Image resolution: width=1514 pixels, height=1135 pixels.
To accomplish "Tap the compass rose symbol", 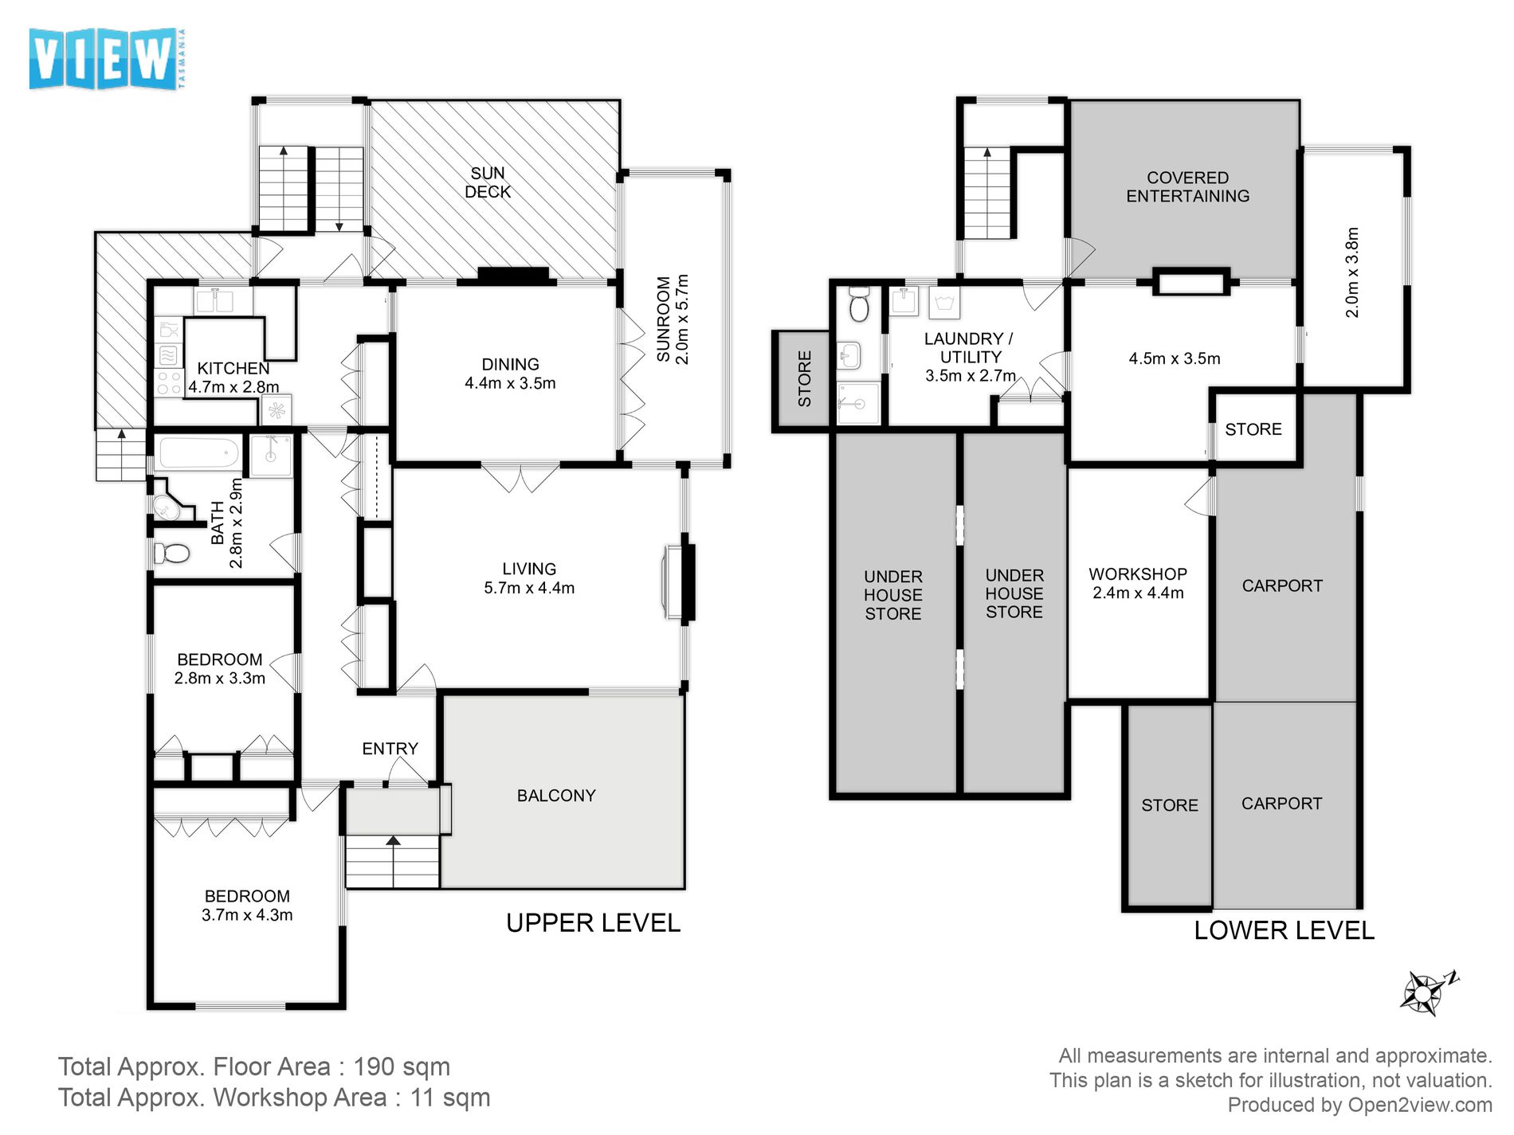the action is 1426,992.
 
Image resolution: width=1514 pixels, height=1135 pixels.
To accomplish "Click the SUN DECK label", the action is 488,182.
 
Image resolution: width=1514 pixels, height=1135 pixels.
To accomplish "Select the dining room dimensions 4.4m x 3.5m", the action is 510,383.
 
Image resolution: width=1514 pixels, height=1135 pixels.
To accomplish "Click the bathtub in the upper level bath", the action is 199,453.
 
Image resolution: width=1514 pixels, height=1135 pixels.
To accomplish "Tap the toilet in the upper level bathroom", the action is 171,552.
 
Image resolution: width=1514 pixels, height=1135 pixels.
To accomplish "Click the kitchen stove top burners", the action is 169,383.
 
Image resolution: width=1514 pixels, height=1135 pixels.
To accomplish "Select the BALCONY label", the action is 556,796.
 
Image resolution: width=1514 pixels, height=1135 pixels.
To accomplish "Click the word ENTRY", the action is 390,749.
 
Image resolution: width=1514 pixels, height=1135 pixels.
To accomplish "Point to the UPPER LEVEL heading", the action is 593,923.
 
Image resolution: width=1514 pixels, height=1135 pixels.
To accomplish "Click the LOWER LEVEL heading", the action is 1284,930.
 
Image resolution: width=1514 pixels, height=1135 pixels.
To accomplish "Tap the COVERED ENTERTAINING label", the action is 1187,187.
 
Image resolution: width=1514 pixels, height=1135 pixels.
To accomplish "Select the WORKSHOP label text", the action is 1138,574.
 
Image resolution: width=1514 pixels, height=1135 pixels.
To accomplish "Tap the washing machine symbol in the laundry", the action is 944,303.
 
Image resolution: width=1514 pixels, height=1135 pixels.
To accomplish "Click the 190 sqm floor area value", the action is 402,1067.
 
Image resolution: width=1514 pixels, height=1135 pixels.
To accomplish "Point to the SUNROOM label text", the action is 663,319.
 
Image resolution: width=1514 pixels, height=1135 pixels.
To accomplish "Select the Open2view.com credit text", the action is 1420,1105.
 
